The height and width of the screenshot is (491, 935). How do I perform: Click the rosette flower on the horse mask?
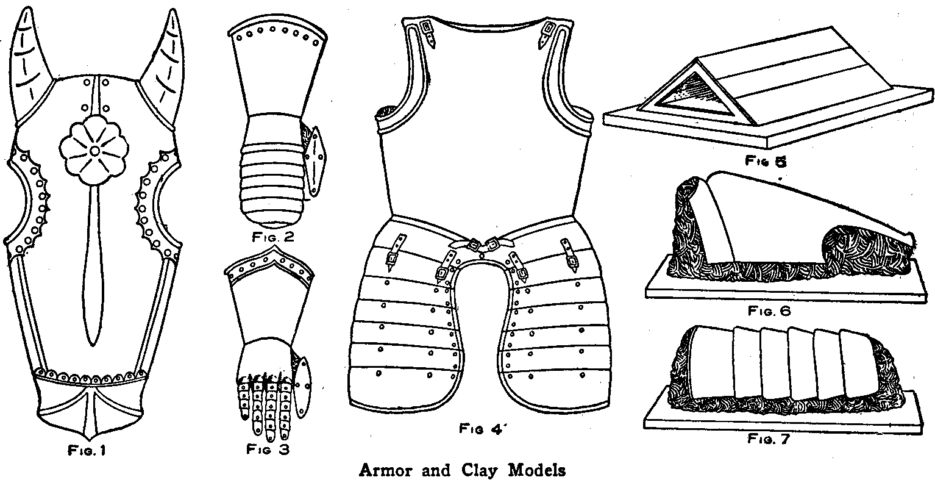point(95,151)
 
